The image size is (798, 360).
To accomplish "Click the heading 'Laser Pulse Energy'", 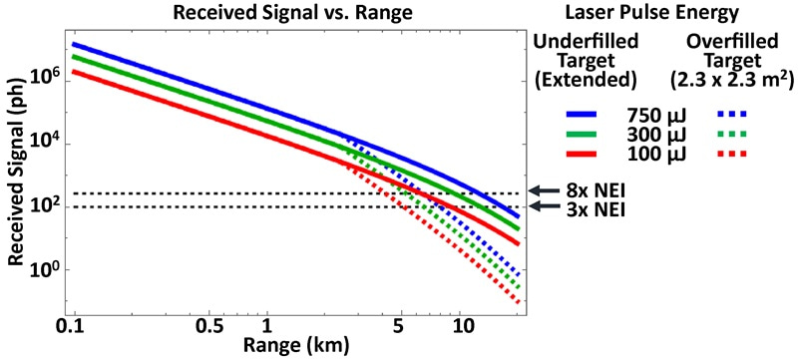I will [664, 13].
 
